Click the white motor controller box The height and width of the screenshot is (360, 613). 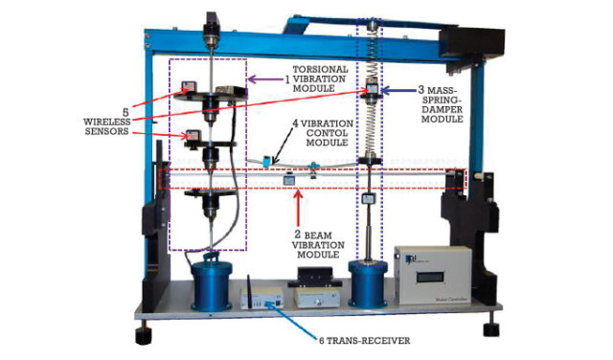[x=432, y=276]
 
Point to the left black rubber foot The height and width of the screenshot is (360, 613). [x=144, y=336]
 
